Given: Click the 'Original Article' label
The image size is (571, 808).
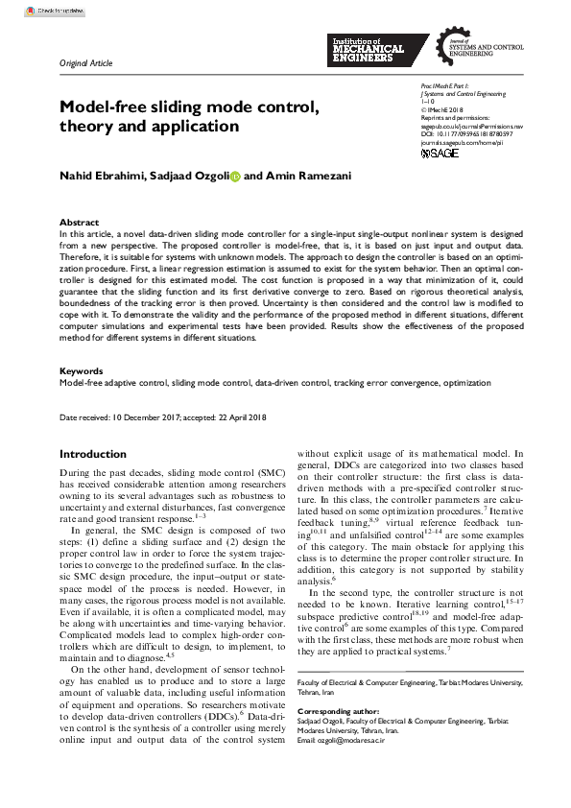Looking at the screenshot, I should click(85, 63).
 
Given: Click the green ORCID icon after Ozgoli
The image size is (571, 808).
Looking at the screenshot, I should click(235, 178).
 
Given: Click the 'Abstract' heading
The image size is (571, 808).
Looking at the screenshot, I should click(79, 222).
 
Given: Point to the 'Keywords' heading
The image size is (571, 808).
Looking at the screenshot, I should click(82, 370).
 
